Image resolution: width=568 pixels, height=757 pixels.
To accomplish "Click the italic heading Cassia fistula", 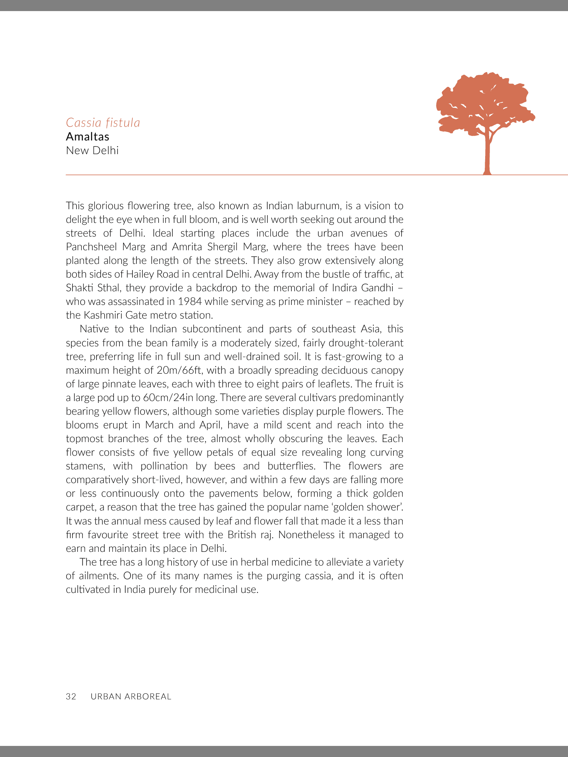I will pos(103,123).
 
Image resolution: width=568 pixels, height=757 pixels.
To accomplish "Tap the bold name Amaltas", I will pos(88,137).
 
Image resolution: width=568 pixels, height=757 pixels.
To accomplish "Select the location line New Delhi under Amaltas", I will pos(92,151).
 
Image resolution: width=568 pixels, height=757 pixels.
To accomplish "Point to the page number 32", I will pos(71,696).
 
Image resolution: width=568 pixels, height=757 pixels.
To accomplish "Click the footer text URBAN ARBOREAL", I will pos(131,696).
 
